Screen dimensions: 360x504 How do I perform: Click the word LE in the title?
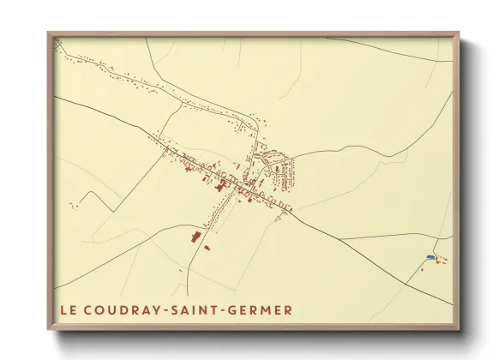tap(68, 309)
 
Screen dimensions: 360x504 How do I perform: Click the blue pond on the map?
tap(429, 256)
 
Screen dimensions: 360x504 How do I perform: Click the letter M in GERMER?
tap(267, 309)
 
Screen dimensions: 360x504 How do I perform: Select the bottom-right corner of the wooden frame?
tap(459, 330)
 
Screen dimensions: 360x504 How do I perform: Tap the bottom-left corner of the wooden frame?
tap(48, 330)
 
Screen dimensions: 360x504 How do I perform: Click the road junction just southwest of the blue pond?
tap(419, 265)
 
